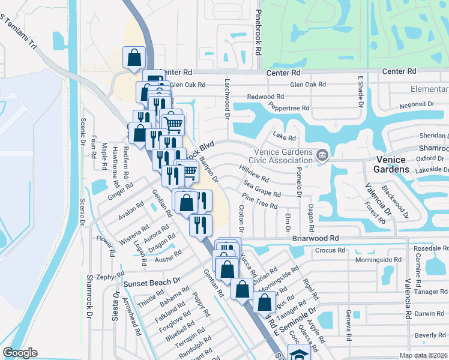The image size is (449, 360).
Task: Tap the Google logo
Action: coord(20,353)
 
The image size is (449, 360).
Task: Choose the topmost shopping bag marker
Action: coord(134,58)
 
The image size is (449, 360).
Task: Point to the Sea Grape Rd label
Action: coord(262,191)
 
